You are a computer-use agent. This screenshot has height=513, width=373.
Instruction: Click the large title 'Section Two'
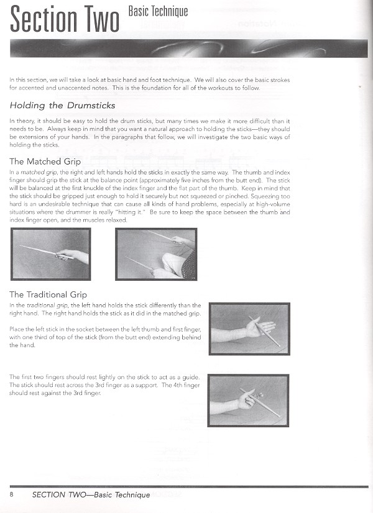coord(65,20)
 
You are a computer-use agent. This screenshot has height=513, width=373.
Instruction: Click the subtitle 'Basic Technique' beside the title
coord(157,11)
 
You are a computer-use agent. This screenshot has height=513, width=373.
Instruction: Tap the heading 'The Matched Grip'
coord(45,161)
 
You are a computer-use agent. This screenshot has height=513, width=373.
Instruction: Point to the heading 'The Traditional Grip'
coord(48,294)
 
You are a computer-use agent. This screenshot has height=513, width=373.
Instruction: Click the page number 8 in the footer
coord(12,494)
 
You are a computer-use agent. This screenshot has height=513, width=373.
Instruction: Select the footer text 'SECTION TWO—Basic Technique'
coord(91,494)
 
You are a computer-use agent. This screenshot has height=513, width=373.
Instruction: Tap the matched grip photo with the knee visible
coord(156,254)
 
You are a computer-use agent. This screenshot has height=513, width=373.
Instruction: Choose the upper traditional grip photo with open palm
coord(249,329)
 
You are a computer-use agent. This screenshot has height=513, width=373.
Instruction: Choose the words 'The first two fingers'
coord(37,377)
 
